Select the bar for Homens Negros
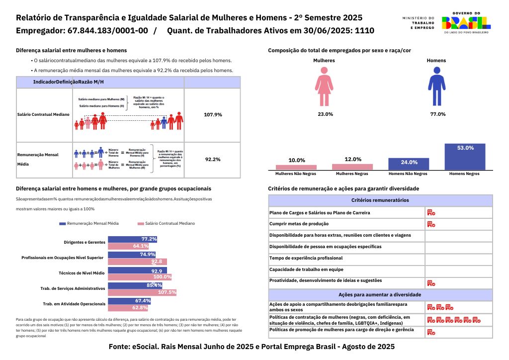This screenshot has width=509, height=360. point(465,157)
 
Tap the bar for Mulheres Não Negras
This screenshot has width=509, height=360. point(296,167)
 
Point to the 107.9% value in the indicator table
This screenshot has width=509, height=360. point(213,115)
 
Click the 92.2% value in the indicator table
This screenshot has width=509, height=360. point(213,160)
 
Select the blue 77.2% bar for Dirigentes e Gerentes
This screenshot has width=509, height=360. point(132,239)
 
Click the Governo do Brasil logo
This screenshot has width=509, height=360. point(466,22)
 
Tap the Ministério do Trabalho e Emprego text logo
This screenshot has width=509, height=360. point(418,22)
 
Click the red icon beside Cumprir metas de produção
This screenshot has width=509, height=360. point(431,224)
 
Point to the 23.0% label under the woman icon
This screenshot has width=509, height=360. point(325,114)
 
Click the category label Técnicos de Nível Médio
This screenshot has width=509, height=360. point(82,273)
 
